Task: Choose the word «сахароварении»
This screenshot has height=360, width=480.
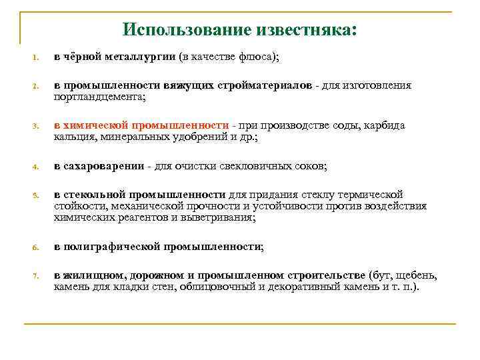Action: coord(104,166)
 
